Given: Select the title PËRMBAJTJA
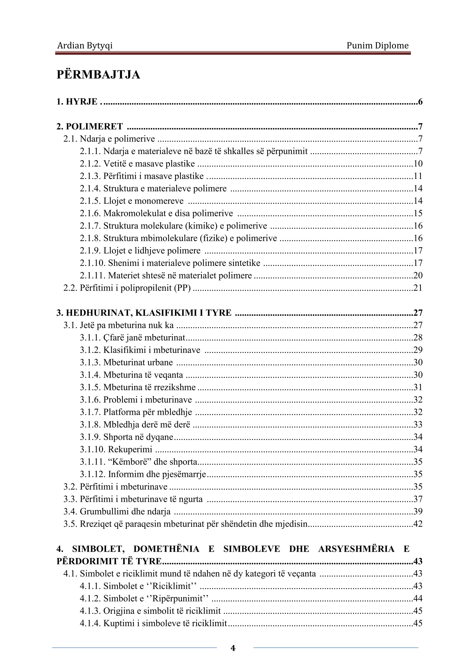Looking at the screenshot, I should [x=99, y=75].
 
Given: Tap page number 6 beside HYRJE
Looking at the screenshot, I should [x=420, y=102].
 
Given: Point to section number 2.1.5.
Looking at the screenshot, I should [x=90, y=201].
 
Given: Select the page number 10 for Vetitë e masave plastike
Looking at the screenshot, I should [x=418, y=164].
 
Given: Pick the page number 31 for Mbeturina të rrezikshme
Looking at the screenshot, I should [x=418, y=387].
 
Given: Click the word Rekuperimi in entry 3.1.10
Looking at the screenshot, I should [x=130, y=449].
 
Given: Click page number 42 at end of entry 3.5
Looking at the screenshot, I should [x=418, y=524].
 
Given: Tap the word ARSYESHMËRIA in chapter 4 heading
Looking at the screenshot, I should [x=356, y=549].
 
